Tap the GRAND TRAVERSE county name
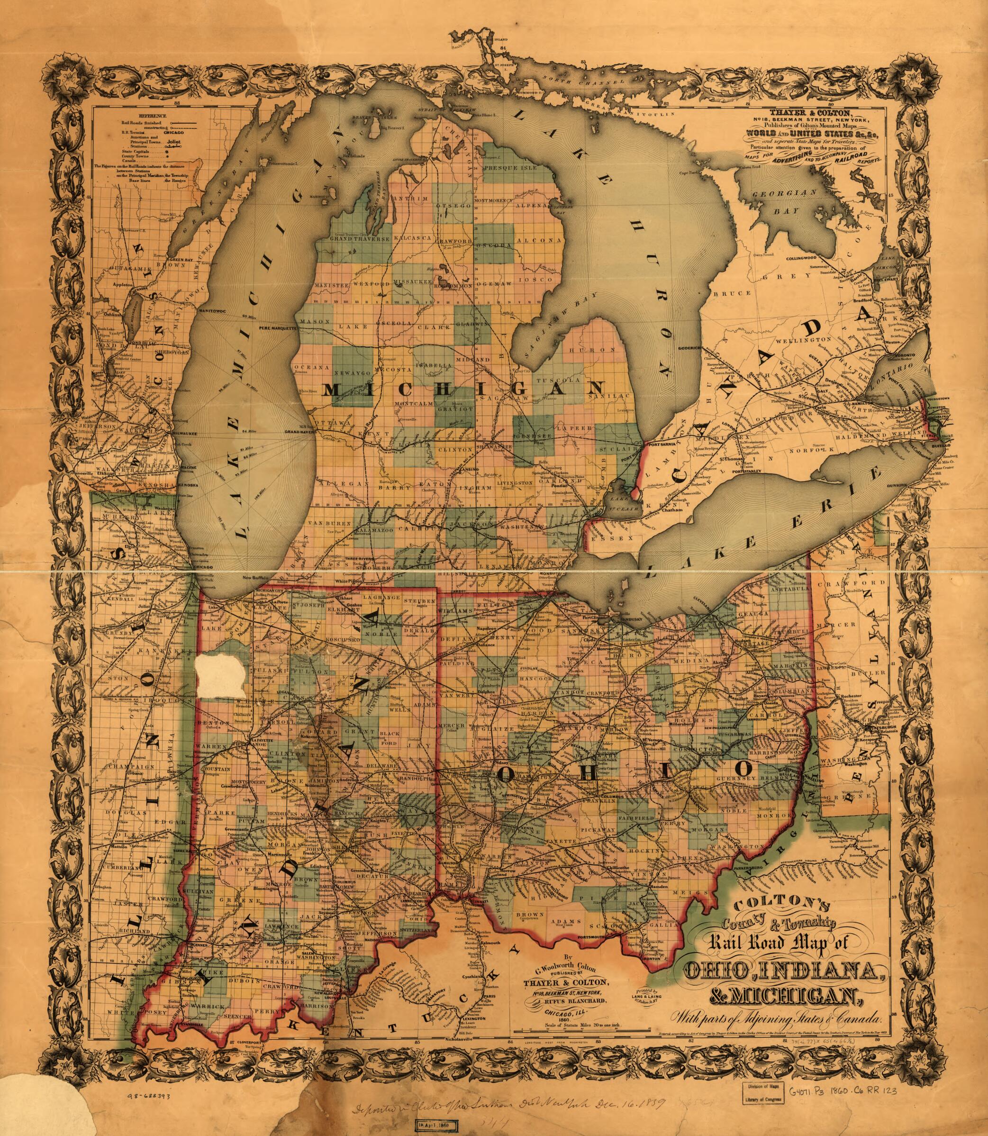[x=360, y=239]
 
